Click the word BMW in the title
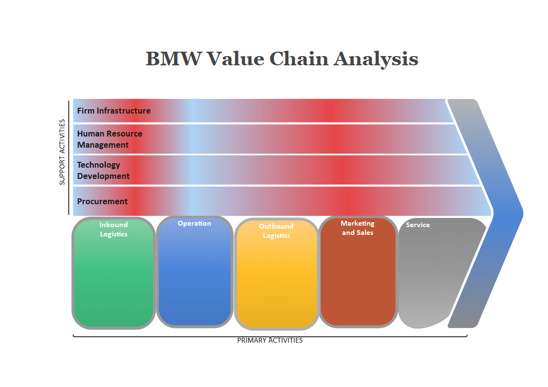(x=173, y=59)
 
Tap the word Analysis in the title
(x=376, y=59)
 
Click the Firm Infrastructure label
(x=114, y=111)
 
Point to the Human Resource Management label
(x=110, y=139)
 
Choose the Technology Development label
(x=103, y=170)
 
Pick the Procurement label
(x=102, y=201)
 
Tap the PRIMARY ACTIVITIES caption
(x=270, y=340)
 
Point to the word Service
(x=418, y=225)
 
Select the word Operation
(x=194, y=223)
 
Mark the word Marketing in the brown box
(x=358, y=223)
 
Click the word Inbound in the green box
(x=114, y=225)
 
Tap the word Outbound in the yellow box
(x=276, y=226)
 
